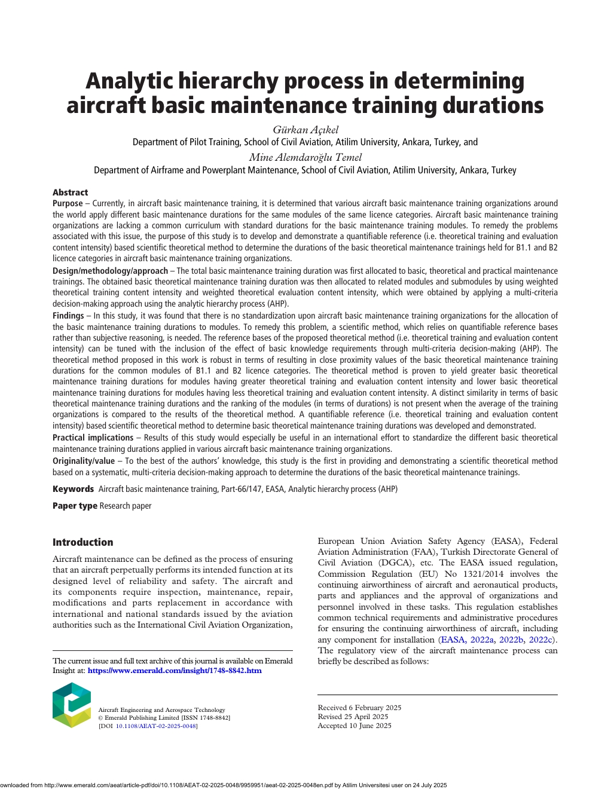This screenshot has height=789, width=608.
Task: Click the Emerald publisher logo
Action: pyautogui.click(x=72, y=705)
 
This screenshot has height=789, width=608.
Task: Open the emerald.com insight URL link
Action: pyautogui.click(x=174, y=671)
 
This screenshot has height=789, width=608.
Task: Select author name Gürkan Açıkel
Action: pyautogui.click(x=305, y=130)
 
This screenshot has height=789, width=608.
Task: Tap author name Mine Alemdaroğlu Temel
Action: pyautogui.click(x=305, y=157)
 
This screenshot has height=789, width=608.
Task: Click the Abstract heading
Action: pyautogui.click(x=70, y=192)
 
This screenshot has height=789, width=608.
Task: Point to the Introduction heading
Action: pyautogui.click(x=83, y=542)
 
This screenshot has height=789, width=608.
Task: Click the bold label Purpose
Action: pyautogui.click(x=68, y=204)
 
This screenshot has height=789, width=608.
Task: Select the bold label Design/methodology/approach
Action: pyautogui.click(x=110, y=271)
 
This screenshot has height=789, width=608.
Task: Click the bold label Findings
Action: pyautogui.click(x=68, y=316)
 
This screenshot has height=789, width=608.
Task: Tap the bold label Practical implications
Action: pyautogui.click(x=93, y=438)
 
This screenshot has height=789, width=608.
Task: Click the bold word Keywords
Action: pyautogui.click(x=73, y=489)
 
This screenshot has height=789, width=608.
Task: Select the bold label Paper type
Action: pyautogui.click(x=75, y=506)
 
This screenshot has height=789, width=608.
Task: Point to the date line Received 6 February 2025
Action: pyautogui.click(x=359, y=708)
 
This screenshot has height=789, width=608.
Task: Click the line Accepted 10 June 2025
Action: pyautogui.click(x=355, y=726)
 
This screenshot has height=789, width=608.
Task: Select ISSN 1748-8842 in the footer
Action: pyautogui.click(x=206, y=718)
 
